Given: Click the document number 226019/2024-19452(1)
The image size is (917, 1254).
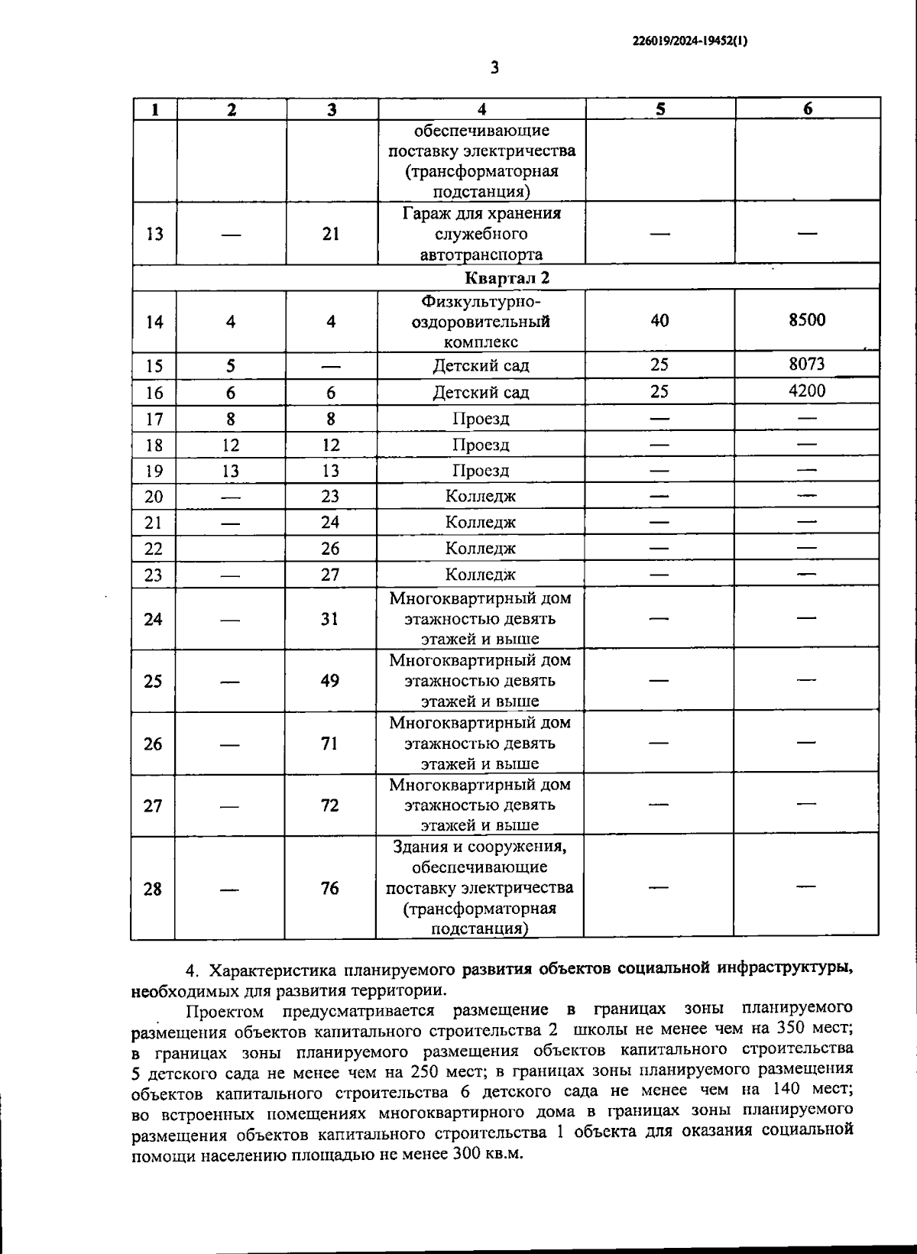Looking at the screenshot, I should [690, 42].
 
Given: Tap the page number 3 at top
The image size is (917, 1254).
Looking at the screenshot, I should [494, 68].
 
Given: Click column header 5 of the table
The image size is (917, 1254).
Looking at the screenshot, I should [660, 109].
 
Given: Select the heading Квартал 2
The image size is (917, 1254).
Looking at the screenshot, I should [506, 277].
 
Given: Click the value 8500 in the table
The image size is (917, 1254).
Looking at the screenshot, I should [807, 320].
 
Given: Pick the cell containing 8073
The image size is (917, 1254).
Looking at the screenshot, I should [807, 364].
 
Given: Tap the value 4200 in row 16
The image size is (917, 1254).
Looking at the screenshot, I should [807, 391].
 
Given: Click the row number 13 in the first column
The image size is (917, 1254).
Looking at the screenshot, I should [154, 234].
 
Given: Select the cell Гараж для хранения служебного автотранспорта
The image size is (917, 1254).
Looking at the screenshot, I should [481, 234].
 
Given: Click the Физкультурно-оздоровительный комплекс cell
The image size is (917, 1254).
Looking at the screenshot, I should [481, 322].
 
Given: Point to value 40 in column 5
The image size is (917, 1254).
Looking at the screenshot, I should [659, 321].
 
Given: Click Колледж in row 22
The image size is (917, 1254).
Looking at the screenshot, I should [481, 548].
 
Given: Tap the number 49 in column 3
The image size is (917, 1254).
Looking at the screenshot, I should [330, 681].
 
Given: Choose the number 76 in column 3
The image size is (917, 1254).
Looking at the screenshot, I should [329, 888].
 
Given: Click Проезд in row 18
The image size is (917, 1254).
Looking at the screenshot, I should [481, 445].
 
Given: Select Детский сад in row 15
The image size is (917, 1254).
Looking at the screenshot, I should [481, 365].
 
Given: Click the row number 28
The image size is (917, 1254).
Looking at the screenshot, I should [153, 889].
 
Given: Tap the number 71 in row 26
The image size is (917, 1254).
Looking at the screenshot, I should [329, 743].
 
